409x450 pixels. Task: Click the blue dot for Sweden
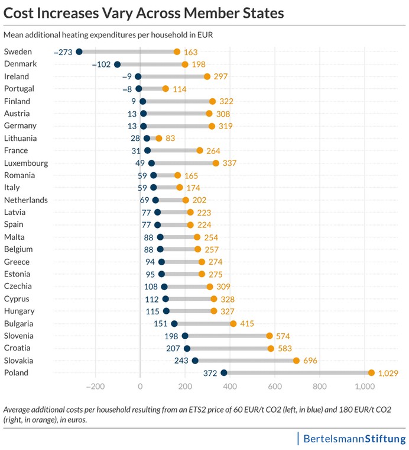point(79,52)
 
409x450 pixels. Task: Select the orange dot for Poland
point(371,373)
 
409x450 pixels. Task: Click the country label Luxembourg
point(26,163)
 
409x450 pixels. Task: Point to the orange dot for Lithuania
point(158,139)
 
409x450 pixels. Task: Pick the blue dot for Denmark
point(117,65)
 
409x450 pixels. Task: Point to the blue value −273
point(63,52)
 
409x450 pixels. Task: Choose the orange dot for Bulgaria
point(233,324)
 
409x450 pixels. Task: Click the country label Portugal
point(19,89)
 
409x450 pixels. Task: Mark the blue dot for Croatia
point(187,348)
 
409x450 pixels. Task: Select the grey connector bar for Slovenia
point(227,336)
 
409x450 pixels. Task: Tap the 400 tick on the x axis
point(230,387)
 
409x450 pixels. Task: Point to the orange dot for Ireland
point(207,77)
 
